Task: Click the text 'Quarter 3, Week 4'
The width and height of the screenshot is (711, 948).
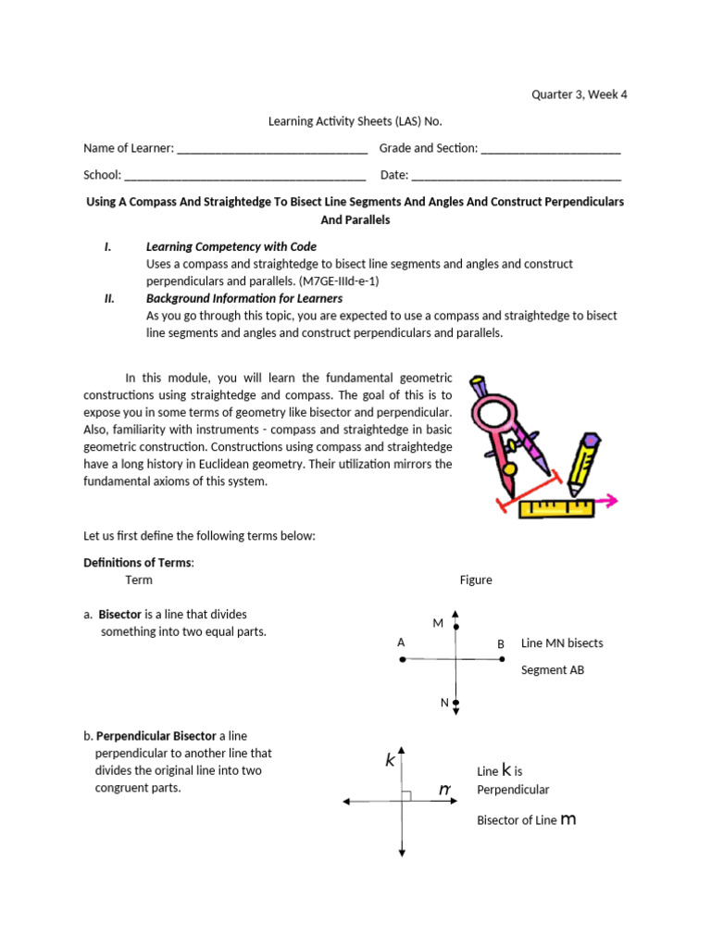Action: click(x=579, y=94)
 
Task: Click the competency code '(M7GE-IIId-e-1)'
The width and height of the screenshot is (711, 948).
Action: click(x=339, y=281)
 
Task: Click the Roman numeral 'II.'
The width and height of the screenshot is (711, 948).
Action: click(x=108, y=298)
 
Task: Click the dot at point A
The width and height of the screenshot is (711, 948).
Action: click(x=402, y=660)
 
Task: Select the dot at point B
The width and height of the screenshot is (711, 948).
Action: click(x=502, y=660)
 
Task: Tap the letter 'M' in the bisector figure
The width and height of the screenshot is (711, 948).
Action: click(x=438, y=624)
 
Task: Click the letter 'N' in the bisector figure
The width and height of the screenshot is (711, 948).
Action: click(x=444, y=703)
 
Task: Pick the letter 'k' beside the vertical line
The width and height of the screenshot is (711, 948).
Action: click(x=391, y=760)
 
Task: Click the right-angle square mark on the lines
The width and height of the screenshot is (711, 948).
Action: click(x=406, y=795)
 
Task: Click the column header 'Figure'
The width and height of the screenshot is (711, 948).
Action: click(x=476, y=580)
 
